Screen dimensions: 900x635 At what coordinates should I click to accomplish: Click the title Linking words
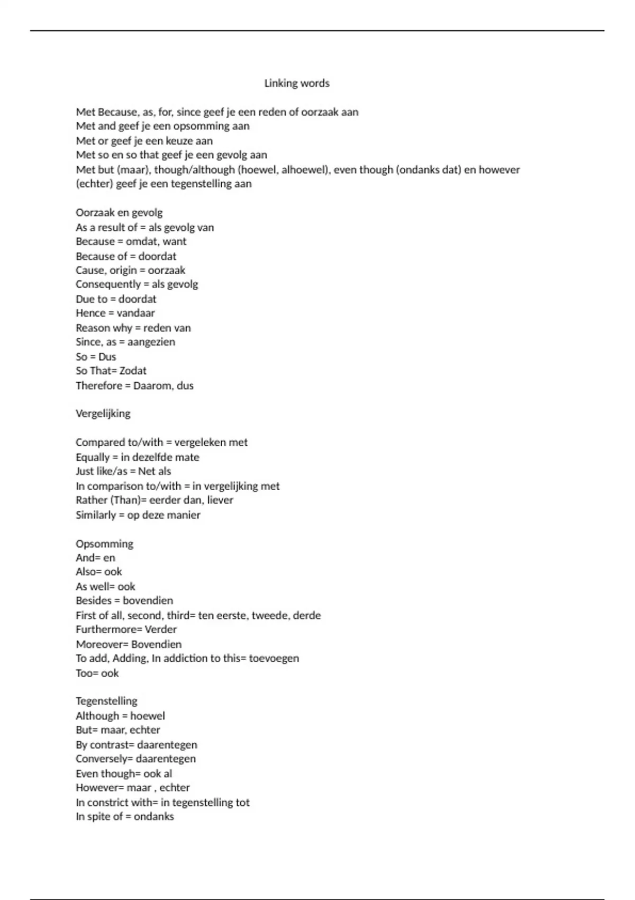tap(296, 83)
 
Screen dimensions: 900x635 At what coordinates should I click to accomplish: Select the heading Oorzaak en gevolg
tap(119, 213)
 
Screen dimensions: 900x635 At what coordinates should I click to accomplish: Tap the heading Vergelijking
tap(103, 413)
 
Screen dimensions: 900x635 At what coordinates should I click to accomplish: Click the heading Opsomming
tap(104, 544)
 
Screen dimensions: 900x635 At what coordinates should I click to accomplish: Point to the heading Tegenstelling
tap(106, 701)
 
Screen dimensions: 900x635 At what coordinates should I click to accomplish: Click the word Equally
tap(93, 457)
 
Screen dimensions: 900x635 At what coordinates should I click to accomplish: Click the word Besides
tap(94, 601)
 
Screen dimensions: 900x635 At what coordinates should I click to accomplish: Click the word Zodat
tap(133, 371)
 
